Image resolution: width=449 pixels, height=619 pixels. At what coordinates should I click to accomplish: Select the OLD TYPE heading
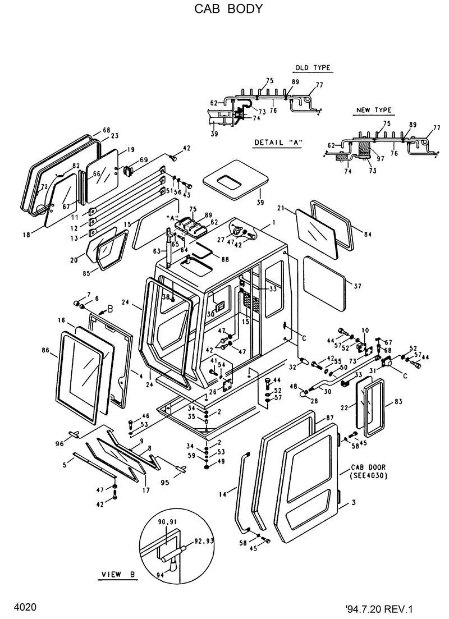pos(313,68)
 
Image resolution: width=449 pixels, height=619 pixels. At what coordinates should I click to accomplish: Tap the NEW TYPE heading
pos(374,110)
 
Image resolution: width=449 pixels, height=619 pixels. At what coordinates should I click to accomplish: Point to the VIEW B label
pos(118,575)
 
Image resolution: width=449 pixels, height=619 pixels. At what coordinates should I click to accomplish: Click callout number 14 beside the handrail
pos(223,494)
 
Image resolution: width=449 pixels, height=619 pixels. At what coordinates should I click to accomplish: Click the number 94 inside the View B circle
pos(161,575)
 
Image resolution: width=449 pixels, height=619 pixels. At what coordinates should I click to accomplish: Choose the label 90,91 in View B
pos(168,523)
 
